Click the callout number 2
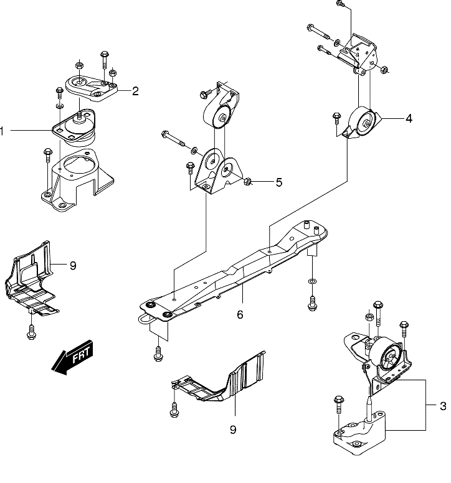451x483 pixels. [135, 91]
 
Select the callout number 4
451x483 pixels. [409, 118]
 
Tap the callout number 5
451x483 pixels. [278, 182]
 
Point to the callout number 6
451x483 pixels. [240, 314]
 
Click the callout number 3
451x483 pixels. [443, 406]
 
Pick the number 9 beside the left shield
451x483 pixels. [73, 265]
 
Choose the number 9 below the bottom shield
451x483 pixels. [233, 429]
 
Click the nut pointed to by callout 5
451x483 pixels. [247, 182]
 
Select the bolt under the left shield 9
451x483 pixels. [31, 332]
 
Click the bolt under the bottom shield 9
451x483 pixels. [174, 410]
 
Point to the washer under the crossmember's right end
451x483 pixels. [312, 281]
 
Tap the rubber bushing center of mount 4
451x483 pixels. [366, 123]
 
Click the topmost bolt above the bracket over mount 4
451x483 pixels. [340, 4]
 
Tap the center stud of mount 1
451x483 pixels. [79, 116]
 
